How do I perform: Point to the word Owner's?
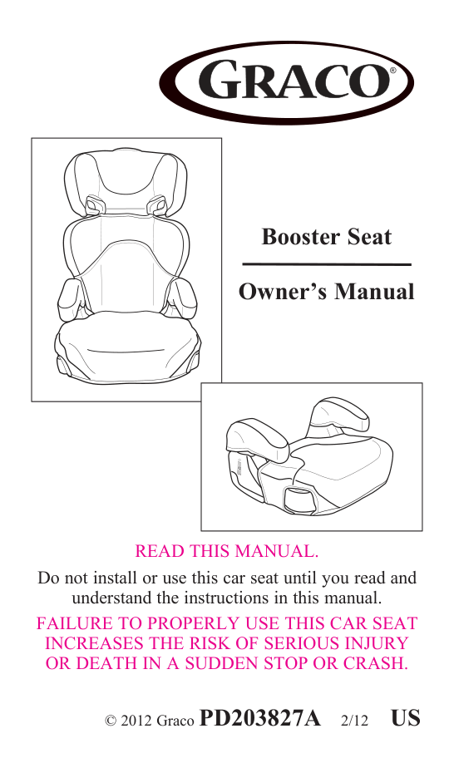tap(277, 293)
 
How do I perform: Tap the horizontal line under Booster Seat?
tap(326, 264)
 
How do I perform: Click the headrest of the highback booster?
tap(126, 179)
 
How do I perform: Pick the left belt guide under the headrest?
tap(95, 204)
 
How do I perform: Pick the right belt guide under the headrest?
tap(157, 204)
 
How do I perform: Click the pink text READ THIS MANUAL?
tap(227, 551)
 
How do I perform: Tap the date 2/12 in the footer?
tap(355, 720)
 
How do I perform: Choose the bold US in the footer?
tap(407, 717)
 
